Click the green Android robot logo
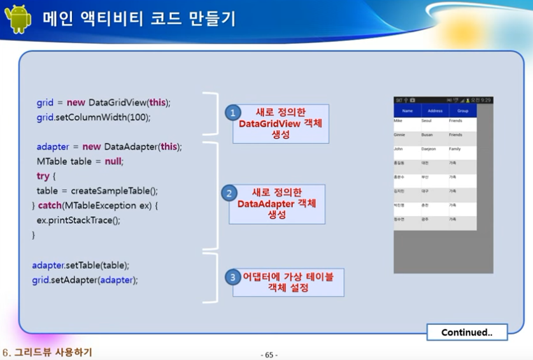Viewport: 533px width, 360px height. point(18,19)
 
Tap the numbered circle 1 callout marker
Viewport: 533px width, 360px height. point(232,113)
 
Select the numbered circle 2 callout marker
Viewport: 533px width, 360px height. point(229,192)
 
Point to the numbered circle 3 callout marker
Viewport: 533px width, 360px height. point(232,277)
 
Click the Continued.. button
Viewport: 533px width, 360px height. point(467,332)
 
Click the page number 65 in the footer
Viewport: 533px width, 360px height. point(269,355)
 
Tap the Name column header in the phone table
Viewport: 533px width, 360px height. point(408,111)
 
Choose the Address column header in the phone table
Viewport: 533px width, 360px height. point(435,111)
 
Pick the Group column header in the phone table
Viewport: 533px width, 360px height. point(462,111)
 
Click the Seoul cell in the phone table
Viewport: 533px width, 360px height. point(427,120)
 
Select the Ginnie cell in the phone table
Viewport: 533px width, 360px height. point(399,135)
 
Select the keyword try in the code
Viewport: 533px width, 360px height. point(43,176)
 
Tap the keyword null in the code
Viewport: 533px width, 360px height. point(113,161)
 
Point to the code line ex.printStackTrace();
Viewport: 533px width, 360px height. point(78,220)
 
